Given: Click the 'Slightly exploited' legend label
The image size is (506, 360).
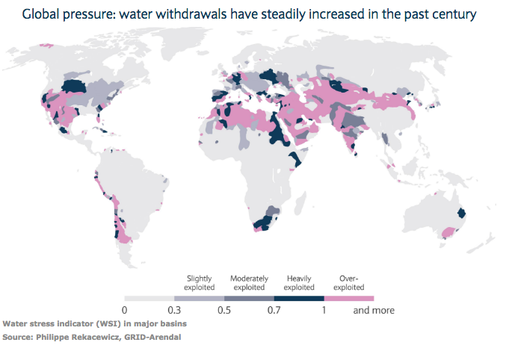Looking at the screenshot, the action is [x=199, y=283].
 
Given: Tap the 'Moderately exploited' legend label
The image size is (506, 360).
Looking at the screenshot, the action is [x=249, y=283].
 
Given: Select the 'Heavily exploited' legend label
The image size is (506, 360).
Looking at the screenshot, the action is [x=299, y=283].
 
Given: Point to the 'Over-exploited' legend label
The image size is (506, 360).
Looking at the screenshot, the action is [x=349, y=283].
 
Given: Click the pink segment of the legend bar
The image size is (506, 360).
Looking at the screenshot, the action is [x=349, y=299].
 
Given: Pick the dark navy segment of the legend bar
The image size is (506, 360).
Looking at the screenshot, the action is [x=299, y=299].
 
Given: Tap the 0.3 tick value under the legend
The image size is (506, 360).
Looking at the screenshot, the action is [x=174, y=310].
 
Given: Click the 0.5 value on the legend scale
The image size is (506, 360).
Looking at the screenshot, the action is [x=224, y=310].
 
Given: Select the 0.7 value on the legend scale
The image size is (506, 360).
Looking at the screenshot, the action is [x=274, y=310].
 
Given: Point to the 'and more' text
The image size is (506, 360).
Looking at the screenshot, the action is [x=374, y=310].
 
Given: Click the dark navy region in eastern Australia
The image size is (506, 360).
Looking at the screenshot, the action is [x=461, y=213].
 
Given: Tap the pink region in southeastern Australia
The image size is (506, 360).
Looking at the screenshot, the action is [x=447, y=232].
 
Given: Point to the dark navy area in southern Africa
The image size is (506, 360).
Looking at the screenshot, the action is [x=263, y=223].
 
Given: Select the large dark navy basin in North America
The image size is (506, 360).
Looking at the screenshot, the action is [x=74, y=86].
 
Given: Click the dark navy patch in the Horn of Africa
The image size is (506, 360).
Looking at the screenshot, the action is [x=295, y=159].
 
